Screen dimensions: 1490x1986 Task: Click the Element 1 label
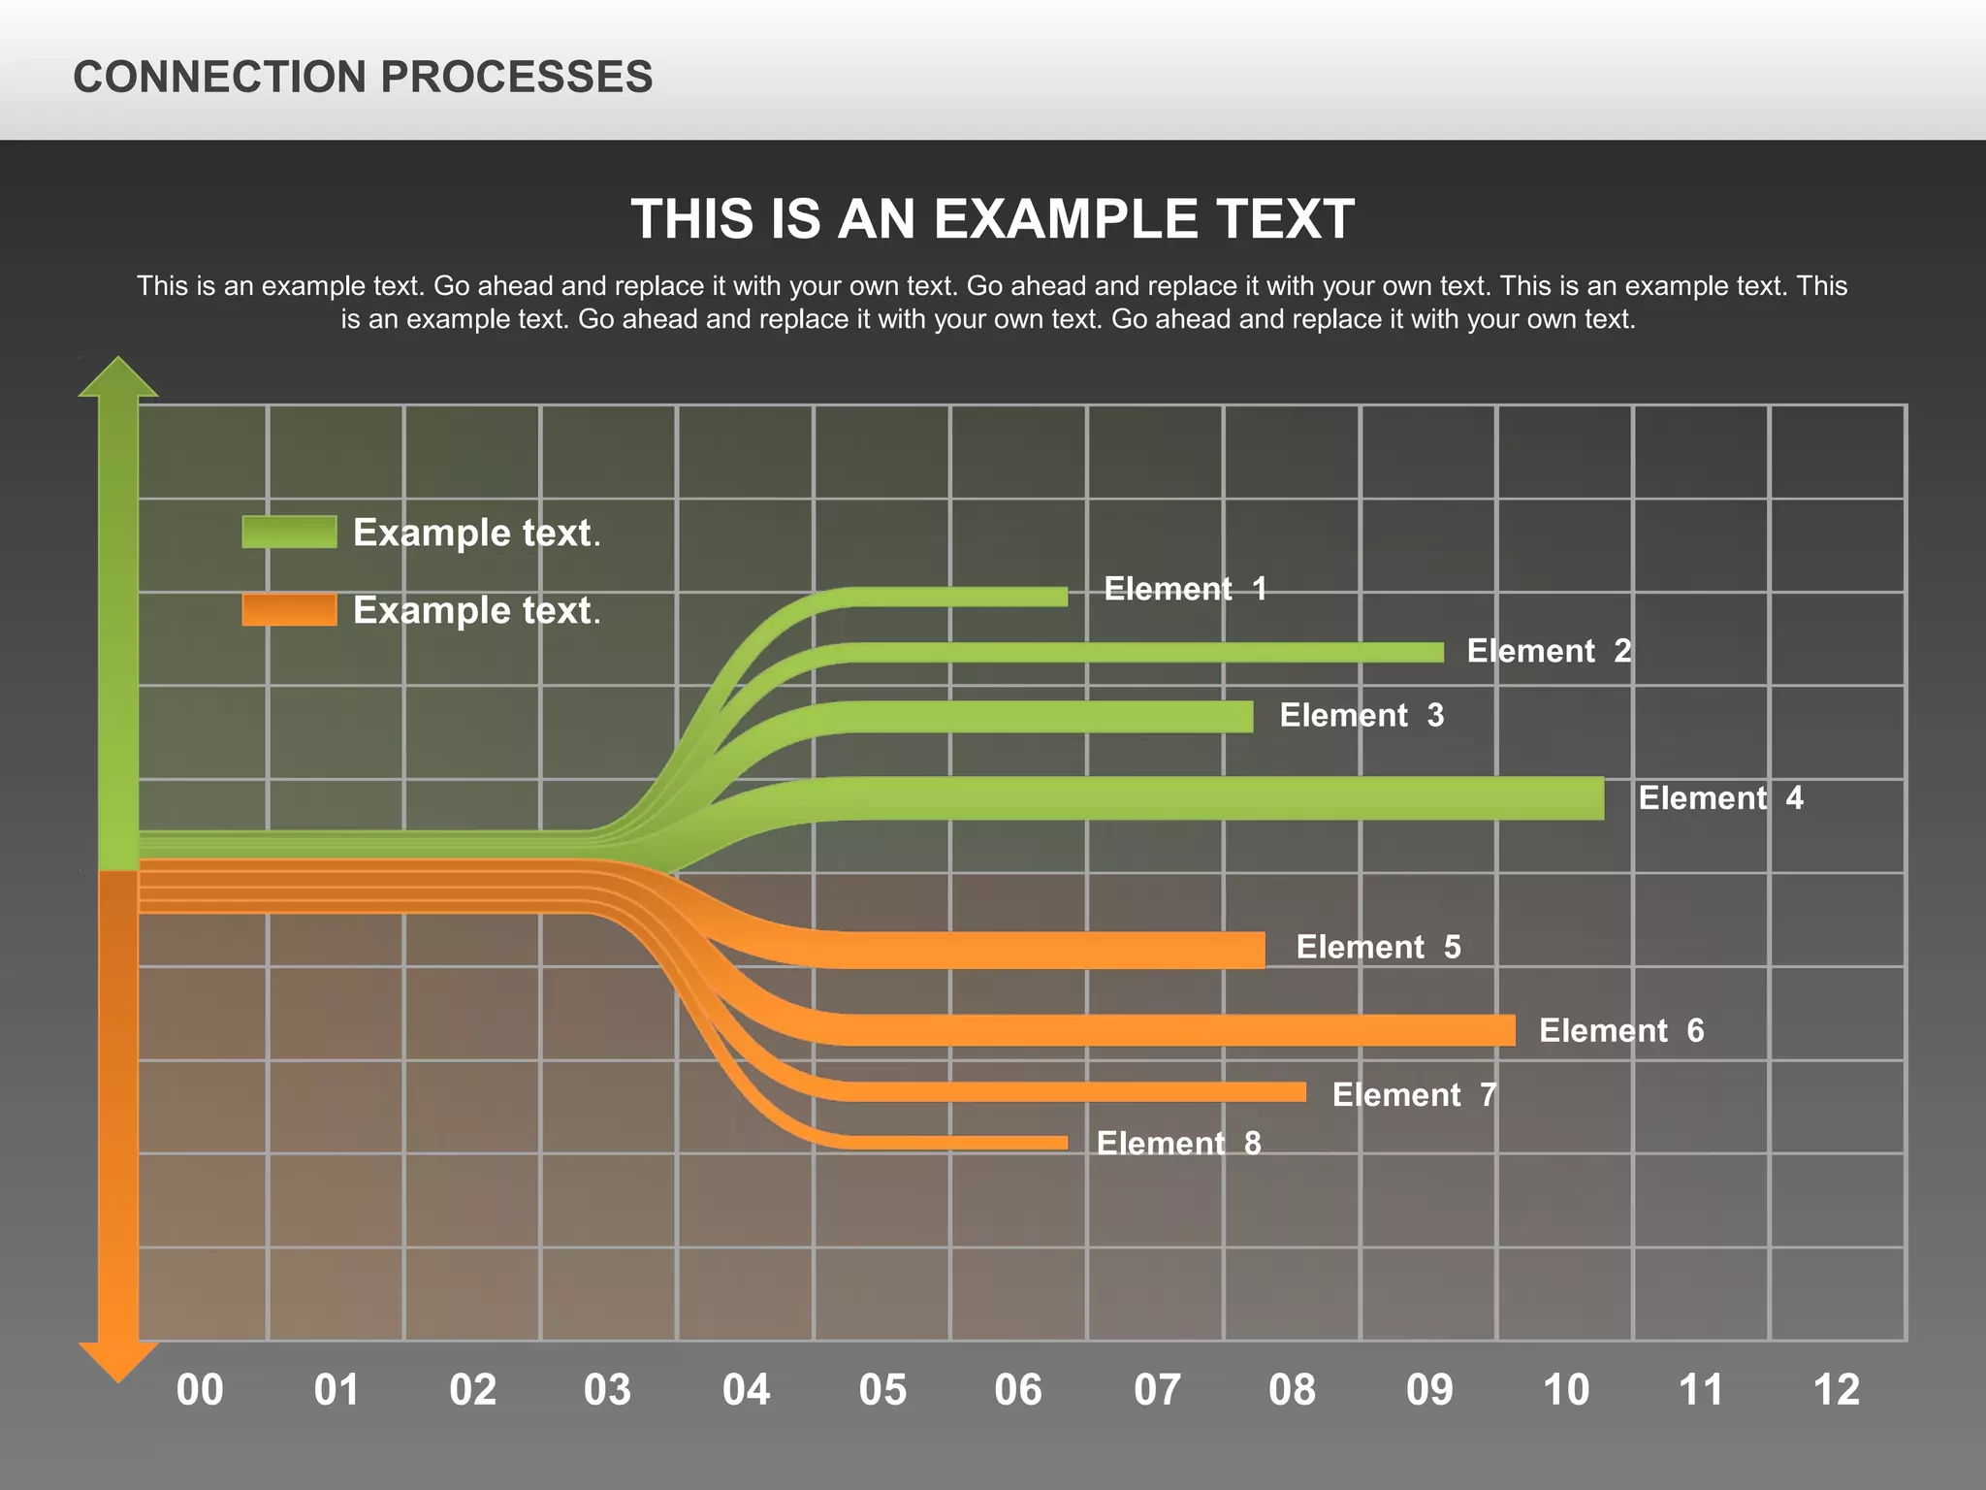click(x=1185, y=589)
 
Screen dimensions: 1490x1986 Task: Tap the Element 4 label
click(x=1720, y=798)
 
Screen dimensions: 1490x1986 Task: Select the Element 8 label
click(x=1178, y=1144)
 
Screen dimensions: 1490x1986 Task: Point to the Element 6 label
click(x=1621, y=1030)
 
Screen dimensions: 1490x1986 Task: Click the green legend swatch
click(x=289, y=532)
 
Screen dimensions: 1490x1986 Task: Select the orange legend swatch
click(x=289, y=609)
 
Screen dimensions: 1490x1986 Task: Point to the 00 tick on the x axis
click(x=200, y=1390)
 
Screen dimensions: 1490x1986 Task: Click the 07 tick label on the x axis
click(x=1157, y=1390)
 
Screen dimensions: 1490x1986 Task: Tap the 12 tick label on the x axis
click(x=1836, y=1390)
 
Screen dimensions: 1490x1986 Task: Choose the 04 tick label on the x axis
click(x=746, y=1390)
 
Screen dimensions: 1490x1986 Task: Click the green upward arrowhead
click(x=118, y=378)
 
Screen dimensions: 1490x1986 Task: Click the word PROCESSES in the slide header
click(x=516, y=77)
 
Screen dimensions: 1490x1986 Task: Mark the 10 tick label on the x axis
click(x=1565, y=1390)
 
